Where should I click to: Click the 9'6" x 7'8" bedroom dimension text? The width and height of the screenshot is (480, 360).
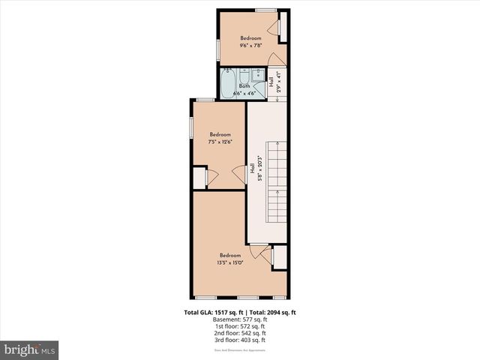[250, 45]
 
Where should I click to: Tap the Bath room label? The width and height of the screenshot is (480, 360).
[244, 86]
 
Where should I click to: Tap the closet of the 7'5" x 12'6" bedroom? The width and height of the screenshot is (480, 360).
[199, 177]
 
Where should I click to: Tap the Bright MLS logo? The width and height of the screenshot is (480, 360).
[30, 350]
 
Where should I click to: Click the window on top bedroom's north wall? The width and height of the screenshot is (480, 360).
[265, 10]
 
